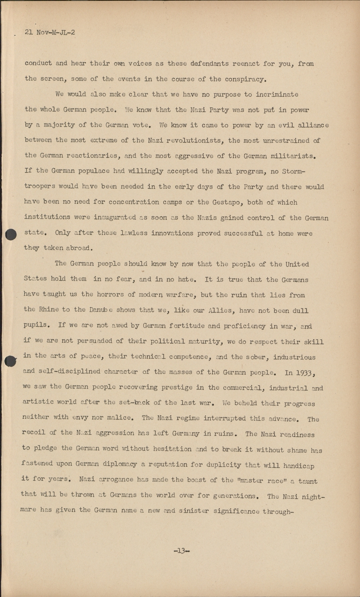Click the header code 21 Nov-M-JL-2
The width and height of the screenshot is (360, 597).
[x=50, y=33]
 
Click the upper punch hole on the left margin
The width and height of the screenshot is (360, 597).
[x=12, y=235]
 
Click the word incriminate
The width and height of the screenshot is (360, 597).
[x=272, y=94]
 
